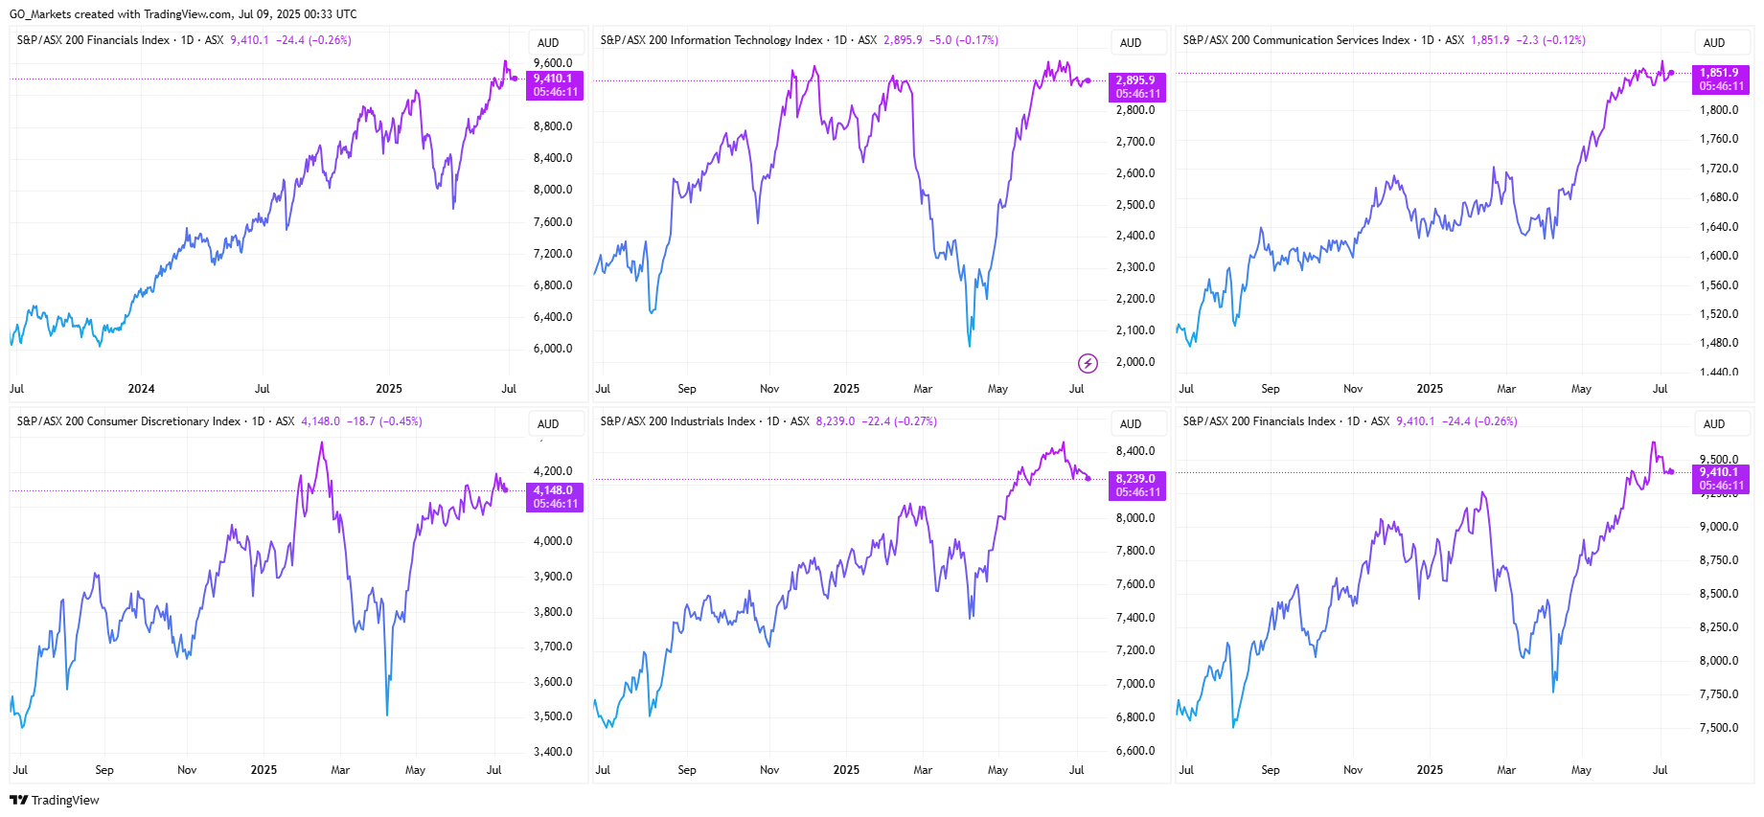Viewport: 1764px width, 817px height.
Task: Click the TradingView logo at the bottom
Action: tap(55, 800)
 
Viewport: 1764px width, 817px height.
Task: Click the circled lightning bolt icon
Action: tap(1088, 363)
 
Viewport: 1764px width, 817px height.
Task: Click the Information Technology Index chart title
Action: tap(711, 40)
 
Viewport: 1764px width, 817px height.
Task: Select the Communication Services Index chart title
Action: tap(1295, 40)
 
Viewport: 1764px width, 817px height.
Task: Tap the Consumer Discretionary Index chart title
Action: tap(128, 421)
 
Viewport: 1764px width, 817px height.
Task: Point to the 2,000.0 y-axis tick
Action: tap(1135, 362)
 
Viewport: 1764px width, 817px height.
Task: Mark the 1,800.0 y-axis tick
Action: tap(1719, 110)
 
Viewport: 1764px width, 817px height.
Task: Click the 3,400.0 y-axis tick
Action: tap(553, 752)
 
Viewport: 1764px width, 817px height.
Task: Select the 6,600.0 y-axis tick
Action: tap(1135, 751)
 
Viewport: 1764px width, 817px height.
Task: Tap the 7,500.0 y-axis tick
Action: tap(1719, 728)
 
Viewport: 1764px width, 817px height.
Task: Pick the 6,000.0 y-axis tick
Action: tap(553, 349)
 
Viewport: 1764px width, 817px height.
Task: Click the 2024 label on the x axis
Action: tap(141, 389)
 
